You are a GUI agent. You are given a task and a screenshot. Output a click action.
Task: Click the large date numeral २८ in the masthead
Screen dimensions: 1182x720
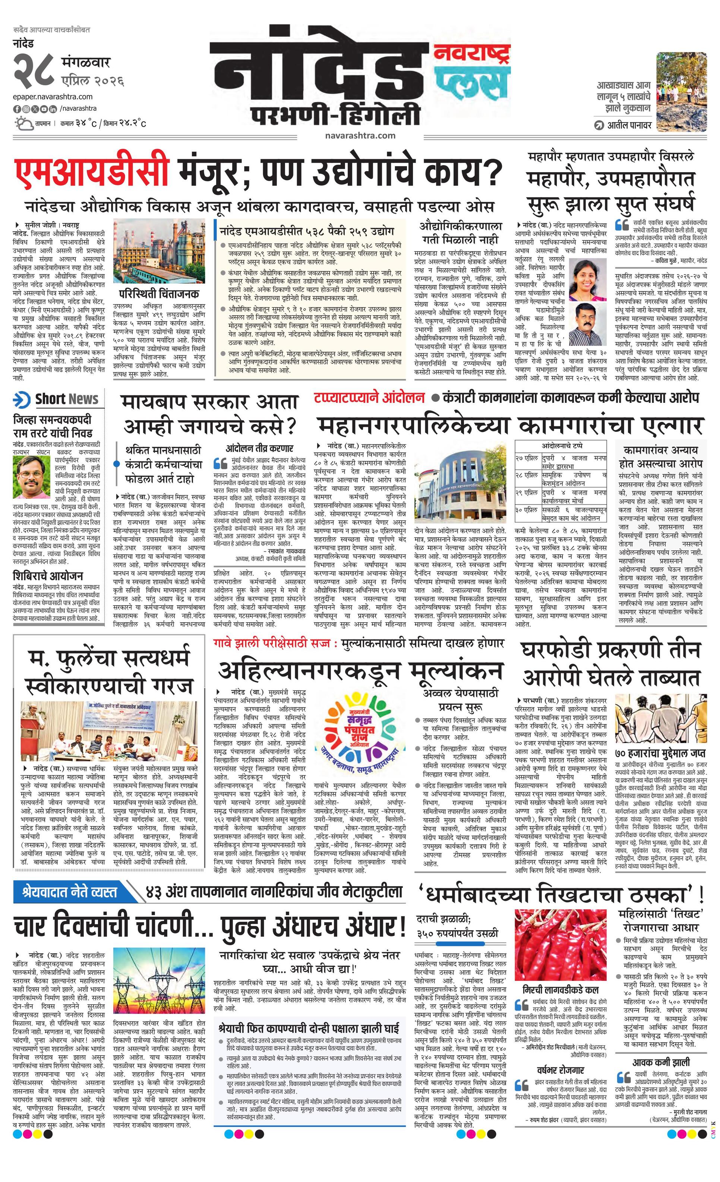[x=33, y=70]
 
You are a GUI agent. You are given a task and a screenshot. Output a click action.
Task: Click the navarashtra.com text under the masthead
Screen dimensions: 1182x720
[x=360, y=136]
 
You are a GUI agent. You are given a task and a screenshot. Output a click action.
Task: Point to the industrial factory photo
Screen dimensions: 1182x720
[x=159, y=252]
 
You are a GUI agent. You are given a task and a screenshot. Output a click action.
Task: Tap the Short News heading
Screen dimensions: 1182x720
[x=67, y=399]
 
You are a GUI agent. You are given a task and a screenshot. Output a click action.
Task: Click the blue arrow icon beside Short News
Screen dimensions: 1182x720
[x=22, y=399]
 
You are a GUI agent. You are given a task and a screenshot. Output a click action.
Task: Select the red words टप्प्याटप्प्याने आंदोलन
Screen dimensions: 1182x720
[x=369, y=398]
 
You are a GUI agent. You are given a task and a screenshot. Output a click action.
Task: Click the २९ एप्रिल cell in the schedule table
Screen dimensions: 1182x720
[x=527, y=493]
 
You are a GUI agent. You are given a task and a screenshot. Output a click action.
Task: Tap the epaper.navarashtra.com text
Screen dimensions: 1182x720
[x=53, y=97]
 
